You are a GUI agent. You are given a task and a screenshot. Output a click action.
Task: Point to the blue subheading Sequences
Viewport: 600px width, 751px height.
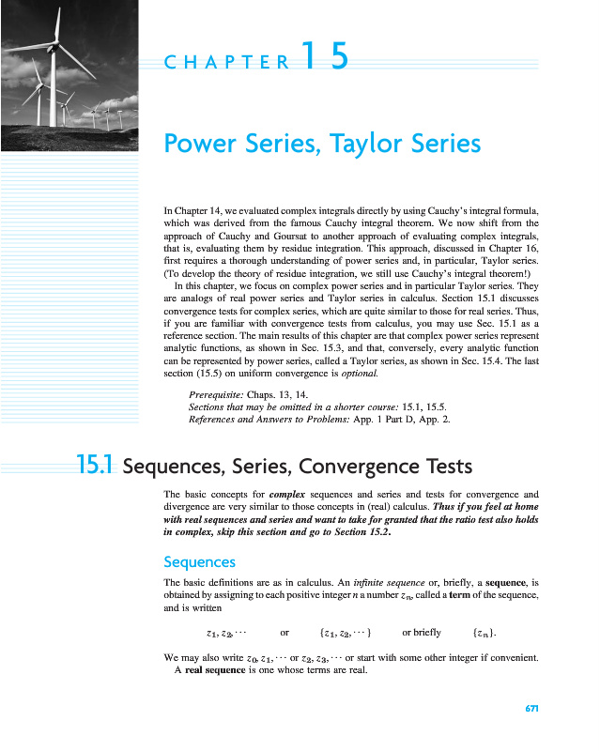[x=199, y=561]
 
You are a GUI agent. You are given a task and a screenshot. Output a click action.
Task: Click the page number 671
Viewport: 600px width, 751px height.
[x=531, y=708]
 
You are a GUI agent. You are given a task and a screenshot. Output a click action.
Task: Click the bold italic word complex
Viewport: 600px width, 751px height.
[x=287, y=493]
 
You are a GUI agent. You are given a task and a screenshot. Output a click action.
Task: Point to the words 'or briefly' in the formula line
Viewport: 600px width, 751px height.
[x=421, y=632]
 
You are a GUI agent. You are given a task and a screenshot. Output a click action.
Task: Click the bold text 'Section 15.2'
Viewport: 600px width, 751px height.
[x=357, y=530]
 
